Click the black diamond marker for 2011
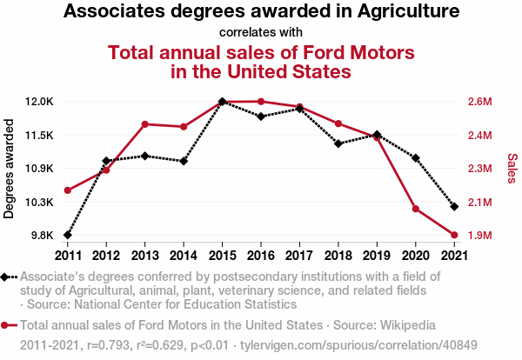tap(68, 235)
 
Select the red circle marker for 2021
tap(453, 235)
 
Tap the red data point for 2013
tap(145, 124)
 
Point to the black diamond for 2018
tap(338, 143)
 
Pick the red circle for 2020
tap(415, 210)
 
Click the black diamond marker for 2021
tap(453, 206)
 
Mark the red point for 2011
tap(68, 190)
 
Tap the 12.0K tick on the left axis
tap(39, 102)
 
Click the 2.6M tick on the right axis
tap(480, 102)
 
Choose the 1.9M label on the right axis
tap(480, 236)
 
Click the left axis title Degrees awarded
tap(10, 169)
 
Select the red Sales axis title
tap(512, 169)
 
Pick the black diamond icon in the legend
tap(6, 277)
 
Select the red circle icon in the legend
tap(6, 325)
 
